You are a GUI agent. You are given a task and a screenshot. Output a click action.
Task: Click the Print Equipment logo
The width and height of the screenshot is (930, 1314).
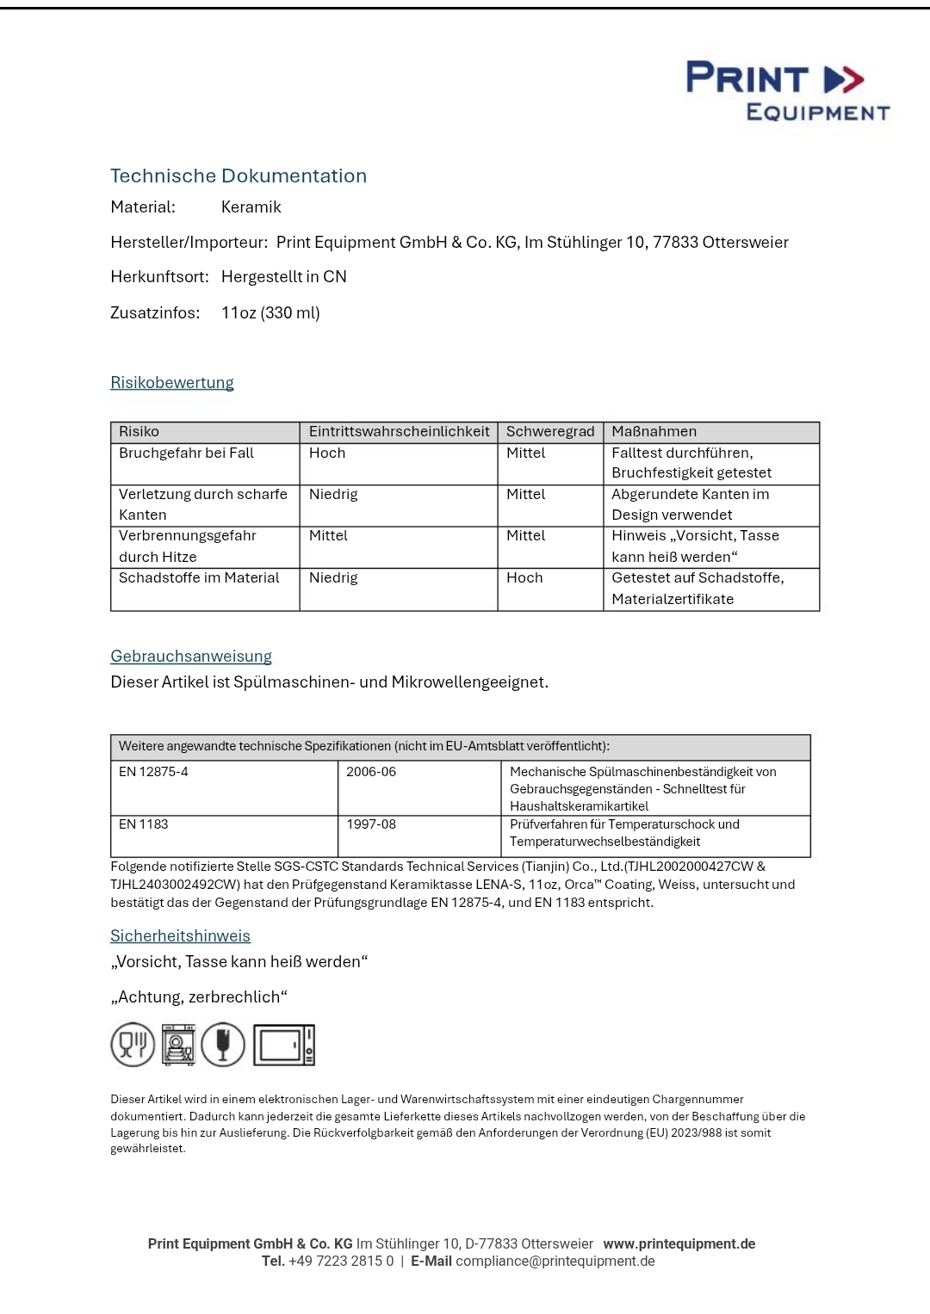point(787,90)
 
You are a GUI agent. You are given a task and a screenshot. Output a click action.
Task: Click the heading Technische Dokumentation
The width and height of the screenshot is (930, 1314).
point(239,176)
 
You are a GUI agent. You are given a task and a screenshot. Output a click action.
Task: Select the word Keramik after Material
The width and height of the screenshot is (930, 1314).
point(251,207)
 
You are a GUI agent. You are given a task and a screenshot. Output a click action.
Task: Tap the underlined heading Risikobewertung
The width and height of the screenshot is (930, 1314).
point(172,383)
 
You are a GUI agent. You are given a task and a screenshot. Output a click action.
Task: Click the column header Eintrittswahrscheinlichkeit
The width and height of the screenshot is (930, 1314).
point(399,432)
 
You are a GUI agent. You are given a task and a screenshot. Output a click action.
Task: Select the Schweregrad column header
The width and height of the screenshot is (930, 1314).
point(550,432)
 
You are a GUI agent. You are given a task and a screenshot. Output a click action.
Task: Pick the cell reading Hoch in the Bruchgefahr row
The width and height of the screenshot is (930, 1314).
point(327,453)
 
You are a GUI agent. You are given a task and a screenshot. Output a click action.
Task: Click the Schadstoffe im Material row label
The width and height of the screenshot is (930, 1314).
point(199,578)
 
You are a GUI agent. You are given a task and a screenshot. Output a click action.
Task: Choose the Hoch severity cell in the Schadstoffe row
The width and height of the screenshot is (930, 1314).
point(524,578)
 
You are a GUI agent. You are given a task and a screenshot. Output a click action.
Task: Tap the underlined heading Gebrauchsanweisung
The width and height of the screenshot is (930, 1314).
point(191,657)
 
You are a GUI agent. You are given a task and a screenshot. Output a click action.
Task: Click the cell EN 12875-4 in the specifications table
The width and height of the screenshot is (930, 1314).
point(153,772)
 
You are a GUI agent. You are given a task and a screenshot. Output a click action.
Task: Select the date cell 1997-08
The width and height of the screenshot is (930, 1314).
point(371,824)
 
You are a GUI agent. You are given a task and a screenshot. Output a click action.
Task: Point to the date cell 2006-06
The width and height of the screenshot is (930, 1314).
point(371,772)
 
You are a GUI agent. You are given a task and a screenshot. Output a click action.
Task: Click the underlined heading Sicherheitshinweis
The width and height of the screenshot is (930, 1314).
point(180,936)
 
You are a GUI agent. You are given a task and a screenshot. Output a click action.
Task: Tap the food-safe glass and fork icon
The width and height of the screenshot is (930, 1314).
point(133,1045)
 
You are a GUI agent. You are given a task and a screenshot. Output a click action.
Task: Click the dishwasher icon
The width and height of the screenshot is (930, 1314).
point(178,1045)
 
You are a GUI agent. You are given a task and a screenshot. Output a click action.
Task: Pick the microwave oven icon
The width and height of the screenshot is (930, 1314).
point(283,1046)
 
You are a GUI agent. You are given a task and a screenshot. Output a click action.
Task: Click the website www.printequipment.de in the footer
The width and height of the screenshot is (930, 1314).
point(679,1244)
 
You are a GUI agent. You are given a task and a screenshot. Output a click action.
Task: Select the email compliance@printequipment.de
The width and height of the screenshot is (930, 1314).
point(555,1262)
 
